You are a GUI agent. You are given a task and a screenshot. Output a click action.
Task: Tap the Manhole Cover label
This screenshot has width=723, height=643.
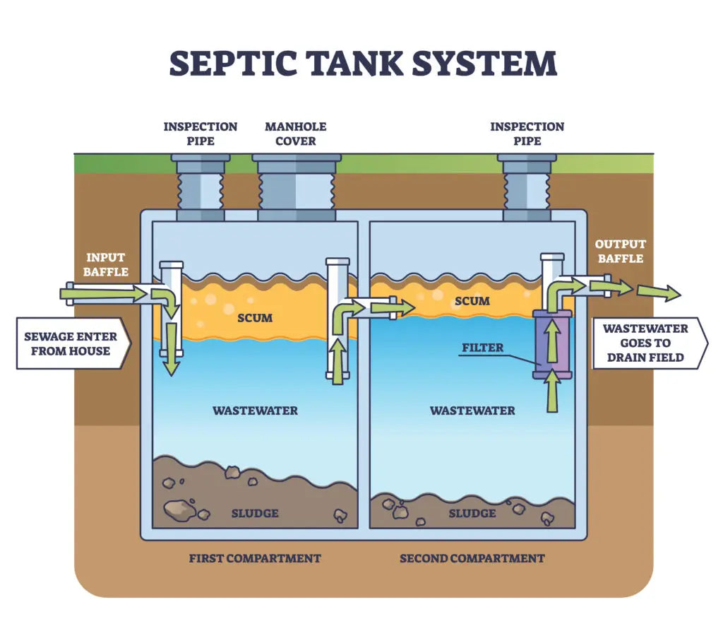click(x=295, y=134)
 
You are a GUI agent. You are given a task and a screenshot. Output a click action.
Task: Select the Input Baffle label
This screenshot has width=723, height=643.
click(x=107, y=264)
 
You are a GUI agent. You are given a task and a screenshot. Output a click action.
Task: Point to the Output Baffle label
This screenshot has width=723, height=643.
click(x=621, y=251)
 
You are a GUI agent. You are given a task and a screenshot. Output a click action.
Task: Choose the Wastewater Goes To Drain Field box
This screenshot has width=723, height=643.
click(x=645, y=343)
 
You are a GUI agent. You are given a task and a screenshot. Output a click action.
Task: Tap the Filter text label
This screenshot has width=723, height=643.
click(x=482, y=348)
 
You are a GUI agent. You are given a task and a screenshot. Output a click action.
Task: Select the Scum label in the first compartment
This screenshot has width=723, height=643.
click(x=255, y=318)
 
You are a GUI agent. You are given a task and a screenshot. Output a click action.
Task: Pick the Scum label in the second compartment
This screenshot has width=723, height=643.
click(x=472, y=301)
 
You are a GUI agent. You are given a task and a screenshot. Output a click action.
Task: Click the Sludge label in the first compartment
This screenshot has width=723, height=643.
click(x=255, y=513)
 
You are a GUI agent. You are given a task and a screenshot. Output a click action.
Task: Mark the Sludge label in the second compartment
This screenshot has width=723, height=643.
click(x=472, y=513)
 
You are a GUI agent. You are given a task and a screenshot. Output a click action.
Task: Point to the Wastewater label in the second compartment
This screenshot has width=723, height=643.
click(x=472, y=411)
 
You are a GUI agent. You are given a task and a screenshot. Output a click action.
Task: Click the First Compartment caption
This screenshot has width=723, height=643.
click(x=254, y=558)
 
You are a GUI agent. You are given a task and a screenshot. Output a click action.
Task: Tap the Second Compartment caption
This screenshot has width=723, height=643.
click(x=472, y=558)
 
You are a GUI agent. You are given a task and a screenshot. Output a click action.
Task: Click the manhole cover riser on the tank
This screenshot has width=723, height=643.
click(x=296, y=187)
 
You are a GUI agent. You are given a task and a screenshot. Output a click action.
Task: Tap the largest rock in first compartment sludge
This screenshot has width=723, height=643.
click(x=179, y=507)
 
